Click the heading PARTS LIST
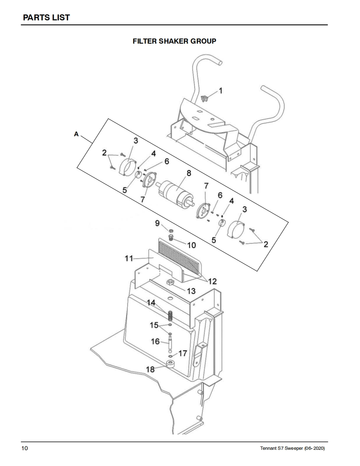[x=47, y=17]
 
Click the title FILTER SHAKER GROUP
[x=174, y=41]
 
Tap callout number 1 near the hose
[x=220, y=91]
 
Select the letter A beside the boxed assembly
[x=76, y=134]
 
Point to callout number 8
[x=189, y=173]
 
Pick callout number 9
[x=158, y=223]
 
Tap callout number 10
[x=192, y=245]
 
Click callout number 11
[x=128, y=258]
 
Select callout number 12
[x=212, y=281]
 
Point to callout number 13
[x=191, y=291]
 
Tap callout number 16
[x=155, y=341]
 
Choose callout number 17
[x=182, y=353]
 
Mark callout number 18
[x=150, y=369]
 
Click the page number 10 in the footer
[x=25, y=448]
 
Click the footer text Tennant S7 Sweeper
[x=281, y=449]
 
